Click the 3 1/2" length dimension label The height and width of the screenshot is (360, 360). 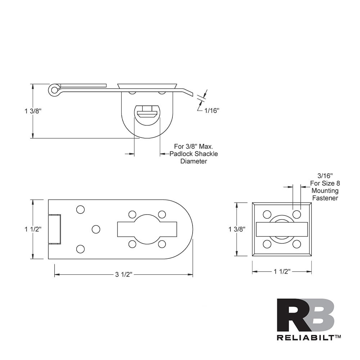coord(124,275)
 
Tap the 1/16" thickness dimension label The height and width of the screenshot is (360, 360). coord(212,111)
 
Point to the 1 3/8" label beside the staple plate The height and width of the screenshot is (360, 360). coord(237,229)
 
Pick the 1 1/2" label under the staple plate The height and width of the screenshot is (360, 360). coord(282,271)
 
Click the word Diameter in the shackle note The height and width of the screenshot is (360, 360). coord(194,161)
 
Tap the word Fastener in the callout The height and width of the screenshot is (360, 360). coord(325,198)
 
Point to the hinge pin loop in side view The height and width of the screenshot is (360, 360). coord(54,89)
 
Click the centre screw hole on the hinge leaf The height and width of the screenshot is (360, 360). coord(96,229)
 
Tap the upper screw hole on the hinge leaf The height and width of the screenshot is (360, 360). coord(80,210)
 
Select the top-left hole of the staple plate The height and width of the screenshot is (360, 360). coord(267,215)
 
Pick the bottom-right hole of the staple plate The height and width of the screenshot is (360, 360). coord(297,244)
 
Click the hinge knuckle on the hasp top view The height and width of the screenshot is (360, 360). coord(55,229)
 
